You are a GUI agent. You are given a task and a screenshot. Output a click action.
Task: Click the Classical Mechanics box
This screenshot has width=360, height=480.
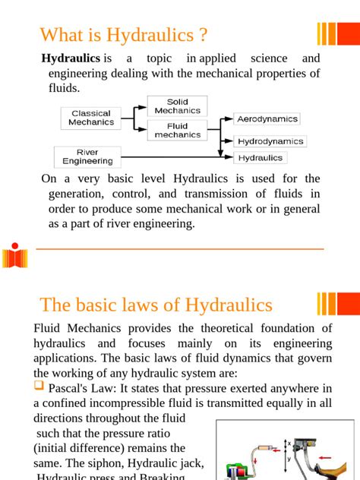(91, 118)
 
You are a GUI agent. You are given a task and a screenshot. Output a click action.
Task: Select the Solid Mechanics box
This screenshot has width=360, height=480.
(177, 106)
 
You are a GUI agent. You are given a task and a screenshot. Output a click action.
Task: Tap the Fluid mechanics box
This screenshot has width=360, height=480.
(177, 131)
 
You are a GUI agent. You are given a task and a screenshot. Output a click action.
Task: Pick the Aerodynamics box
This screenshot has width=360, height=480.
(267, 119)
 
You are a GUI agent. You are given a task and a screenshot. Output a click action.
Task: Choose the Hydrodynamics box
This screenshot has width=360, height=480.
(270, 141)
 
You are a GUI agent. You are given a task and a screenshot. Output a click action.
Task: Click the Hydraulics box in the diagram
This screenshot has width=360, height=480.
(261, 158)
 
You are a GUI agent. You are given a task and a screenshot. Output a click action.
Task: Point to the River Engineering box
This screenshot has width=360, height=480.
(87, 157)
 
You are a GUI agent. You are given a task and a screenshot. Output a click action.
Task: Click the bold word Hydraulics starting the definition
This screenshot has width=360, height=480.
(71, 58)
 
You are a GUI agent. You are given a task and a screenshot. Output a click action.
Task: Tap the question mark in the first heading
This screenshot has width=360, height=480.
(201, 35)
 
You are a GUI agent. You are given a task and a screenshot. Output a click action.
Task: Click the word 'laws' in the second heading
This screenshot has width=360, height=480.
(159, 305)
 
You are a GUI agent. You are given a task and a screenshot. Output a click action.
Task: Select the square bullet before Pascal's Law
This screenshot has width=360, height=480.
(39, 387)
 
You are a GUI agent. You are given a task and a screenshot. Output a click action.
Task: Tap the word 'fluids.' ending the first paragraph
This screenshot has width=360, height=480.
(64, 89)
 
